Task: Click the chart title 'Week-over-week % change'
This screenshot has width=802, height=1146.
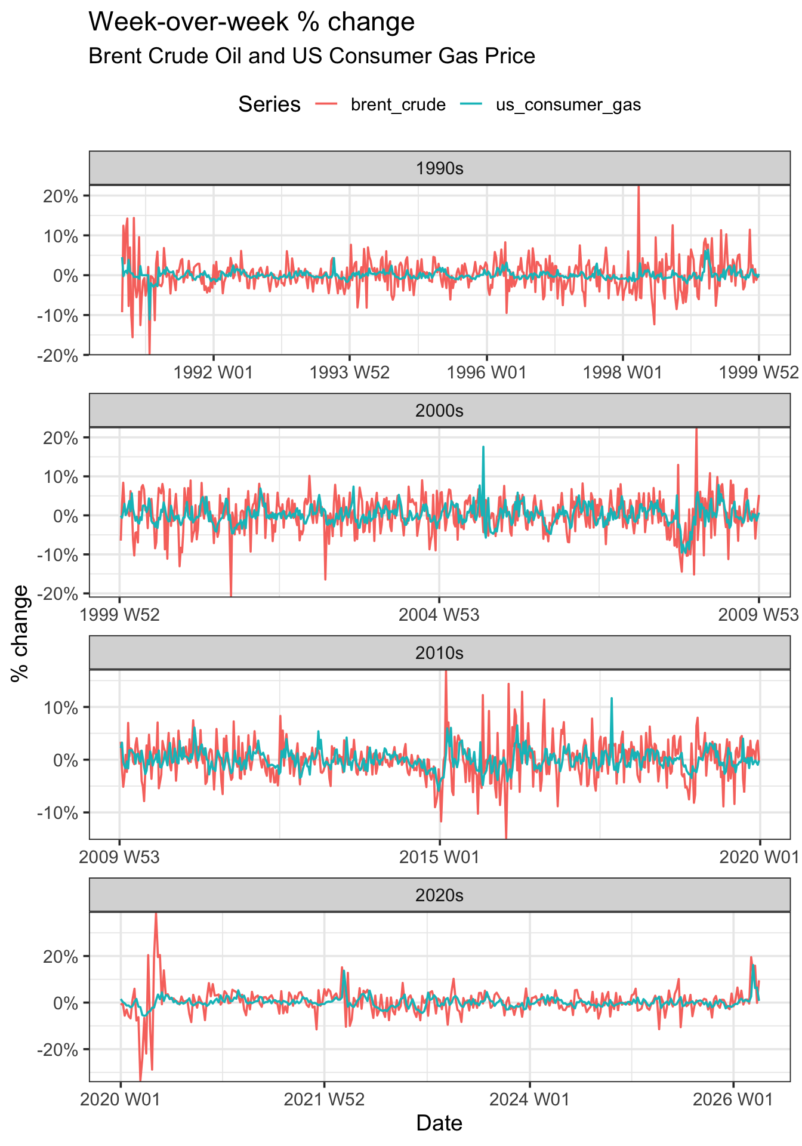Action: pos(251,23)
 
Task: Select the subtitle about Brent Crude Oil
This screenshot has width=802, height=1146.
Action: pos(311,56)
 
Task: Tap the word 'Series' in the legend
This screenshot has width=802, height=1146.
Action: pos(269,105)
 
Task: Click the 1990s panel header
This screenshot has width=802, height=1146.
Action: pos(439,168)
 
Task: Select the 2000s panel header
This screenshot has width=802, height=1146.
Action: pos(439,411)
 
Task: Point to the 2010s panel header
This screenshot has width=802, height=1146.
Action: pos(439,653)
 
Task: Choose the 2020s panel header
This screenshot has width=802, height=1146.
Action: pos(439,895)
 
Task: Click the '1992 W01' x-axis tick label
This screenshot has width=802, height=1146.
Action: pos(213,373)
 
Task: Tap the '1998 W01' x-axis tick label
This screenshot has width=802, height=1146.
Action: pos(622,373)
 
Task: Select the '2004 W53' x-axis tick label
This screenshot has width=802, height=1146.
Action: pos(439,615)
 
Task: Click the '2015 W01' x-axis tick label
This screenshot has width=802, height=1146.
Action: pos(439,858)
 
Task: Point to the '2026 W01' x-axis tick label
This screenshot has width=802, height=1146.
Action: pos(732,1100)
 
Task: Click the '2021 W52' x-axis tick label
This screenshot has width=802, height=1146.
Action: pos(324,1100)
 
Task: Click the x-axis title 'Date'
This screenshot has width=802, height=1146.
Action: pos(439,1123)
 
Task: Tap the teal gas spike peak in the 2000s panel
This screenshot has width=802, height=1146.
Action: pos(483,446)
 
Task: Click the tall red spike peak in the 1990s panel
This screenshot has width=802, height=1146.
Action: pos(638,187)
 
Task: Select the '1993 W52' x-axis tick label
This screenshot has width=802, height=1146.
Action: pos(350,373)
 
